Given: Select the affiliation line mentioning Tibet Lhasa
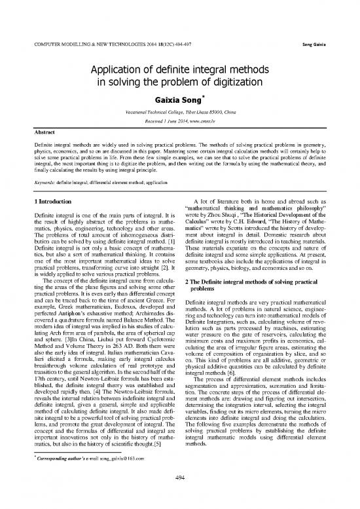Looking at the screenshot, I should click(180, 114).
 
